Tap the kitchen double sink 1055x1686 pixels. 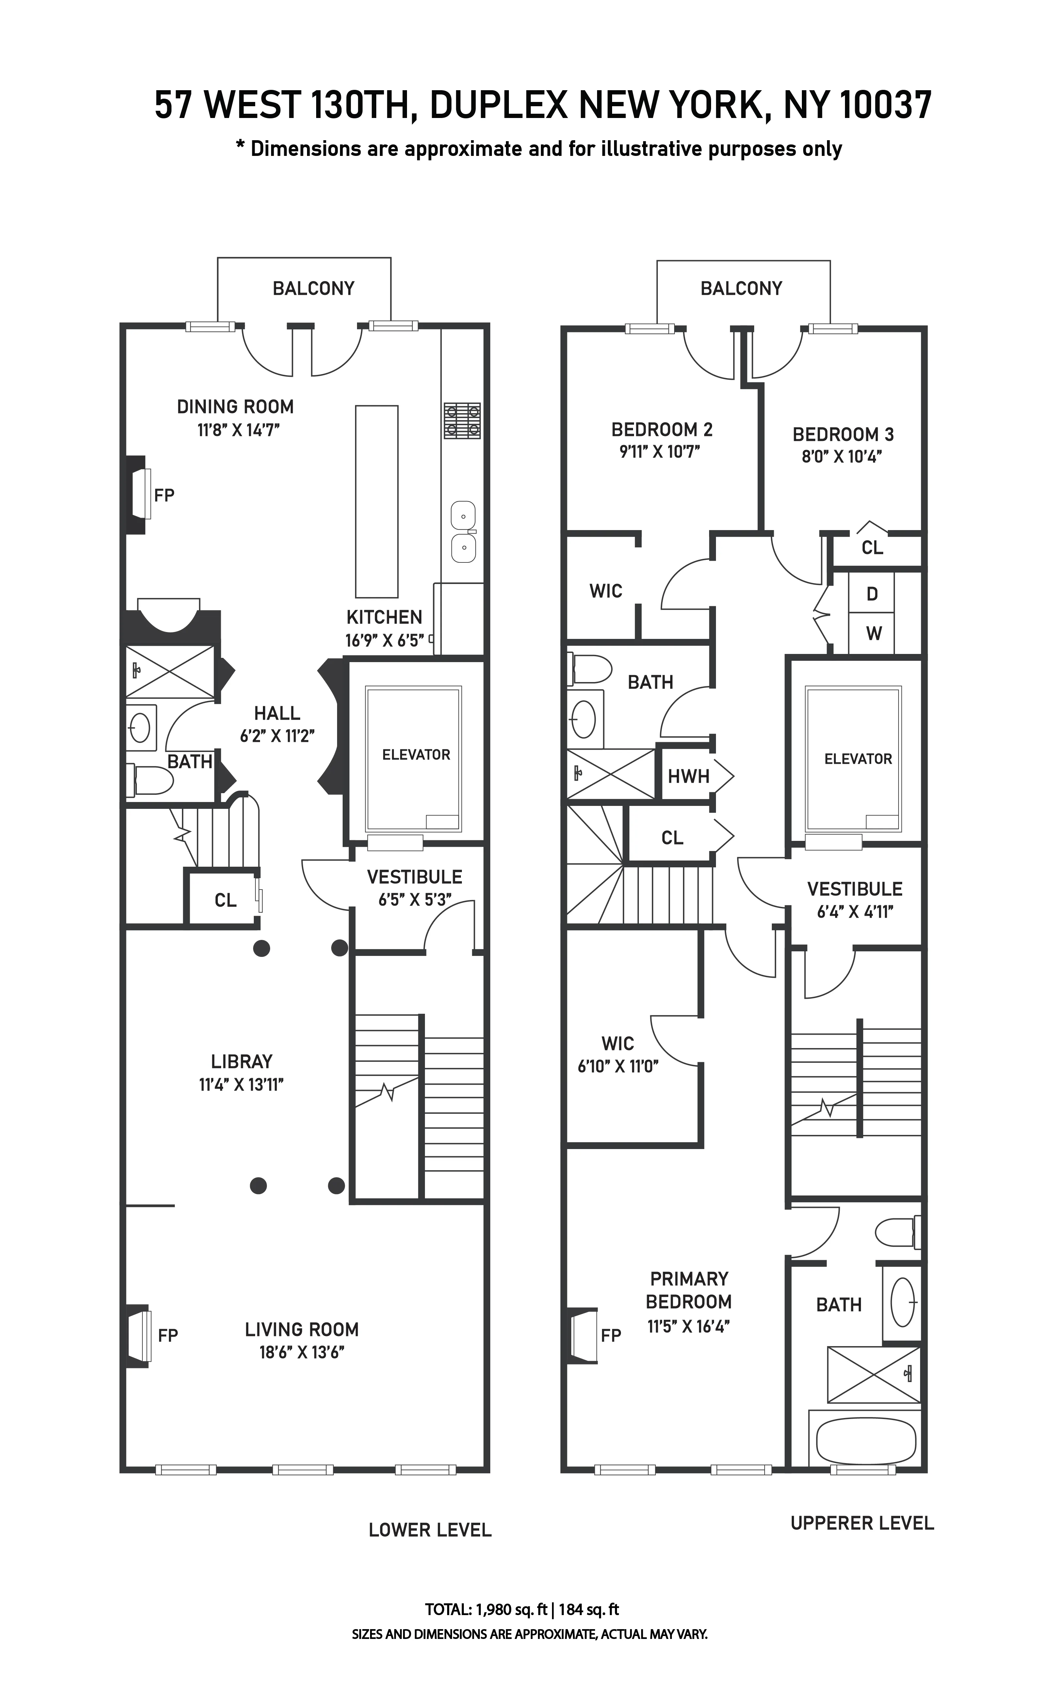(463, 532)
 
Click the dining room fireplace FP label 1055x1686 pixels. (164, 496)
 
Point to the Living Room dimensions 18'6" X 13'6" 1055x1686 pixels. (301, 1352)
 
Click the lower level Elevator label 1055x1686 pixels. (416, 755)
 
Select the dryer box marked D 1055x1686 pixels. (871, 594)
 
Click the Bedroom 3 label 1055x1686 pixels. (843, 434)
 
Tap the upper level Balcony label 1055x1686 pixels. (741, 288)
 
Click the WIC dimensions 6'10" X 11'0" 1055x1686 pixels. (618, 1066)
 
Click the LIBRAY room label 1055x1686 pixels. (241, 1062)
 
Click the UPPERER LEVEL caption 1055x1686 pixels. (862, 1523)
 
